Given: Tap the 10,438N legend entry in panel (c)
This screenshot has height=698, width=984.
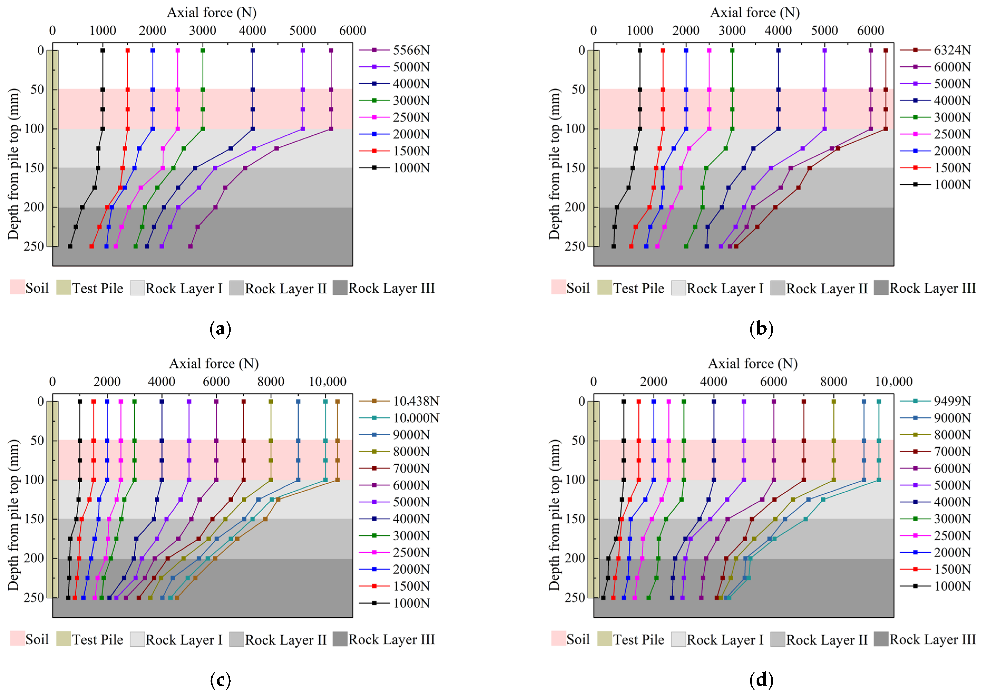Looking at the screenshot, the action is click(399, 402).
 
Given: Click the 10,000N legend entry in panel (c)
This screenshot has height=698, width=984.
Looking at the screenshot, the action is click(399, 418).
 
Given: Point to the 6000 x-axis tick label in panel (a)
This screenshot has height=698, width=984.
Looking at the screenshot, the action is click(353, 31).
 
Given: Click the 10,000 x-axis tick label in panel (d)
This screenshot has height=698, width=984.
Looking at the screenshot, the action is click(894, 382).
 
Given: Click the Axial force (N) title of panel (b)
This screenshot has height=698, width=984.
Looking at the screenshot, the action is click(755, 12).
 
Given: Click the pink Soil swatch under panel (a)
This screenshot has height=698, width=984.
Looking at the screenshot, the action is click(17, 287).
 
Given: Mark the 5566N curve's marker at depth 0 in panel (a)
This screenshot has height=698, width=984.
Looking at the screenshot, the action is click(331, 51).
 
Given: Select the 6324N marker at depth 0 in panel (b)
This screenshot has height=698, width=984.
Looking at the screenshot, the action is click(885, 51).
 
